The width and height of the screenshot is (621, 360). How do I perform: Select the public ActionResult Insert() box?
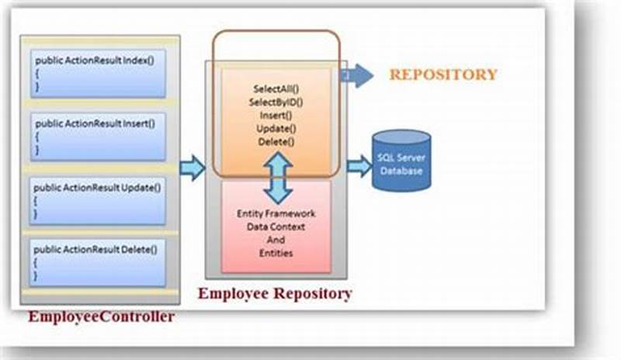[x=98, y=137]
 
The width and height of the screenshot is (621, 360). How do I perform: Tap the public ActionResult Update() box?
[x=98, y=200]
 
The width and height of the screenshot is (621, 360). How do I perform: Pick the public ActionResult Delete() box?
[x=98, y=262]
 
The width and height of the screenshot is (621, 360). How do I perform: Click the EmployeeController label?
[x=101, y=317]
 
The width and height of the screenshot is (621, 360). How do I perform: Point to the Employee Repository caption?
[x=275, y=293]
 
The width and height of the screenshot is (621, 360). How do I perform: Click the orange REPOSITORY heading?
[x=442, y=74]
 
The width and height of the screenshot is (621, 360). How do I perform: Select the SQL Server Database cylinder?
[x=401, y=161]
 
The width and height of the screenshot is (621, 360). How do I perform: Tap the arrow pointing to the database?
[x=359, y=165]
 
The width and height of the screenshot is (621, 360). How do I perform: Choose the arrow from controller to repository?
[x=192, y=167]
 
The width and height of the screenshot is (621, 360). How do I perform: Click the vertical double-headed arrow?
[x=277, y=178]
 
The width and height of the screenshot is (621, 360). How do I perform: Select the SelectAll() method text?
[x=277, y=89]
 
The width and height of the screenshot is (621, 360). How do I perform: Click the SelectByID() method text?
[x=277, y=102]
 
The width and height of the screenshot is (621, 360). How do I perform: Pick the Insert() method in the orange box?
[x=277, y=115]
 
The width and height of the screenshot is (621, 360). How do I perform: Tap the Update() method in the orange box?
[x=277, y=128]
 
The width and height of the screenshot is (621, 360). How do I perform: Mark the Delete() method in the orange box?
[x=277, y=141]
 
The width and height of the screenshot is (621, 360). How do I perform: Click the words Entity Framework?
[x=276, y=213]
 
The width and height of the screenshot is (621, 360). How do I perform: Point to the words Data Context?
[x=276, y=227]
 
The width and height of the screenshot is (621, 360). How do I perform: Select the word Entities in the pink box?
[x=276, y=254]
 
